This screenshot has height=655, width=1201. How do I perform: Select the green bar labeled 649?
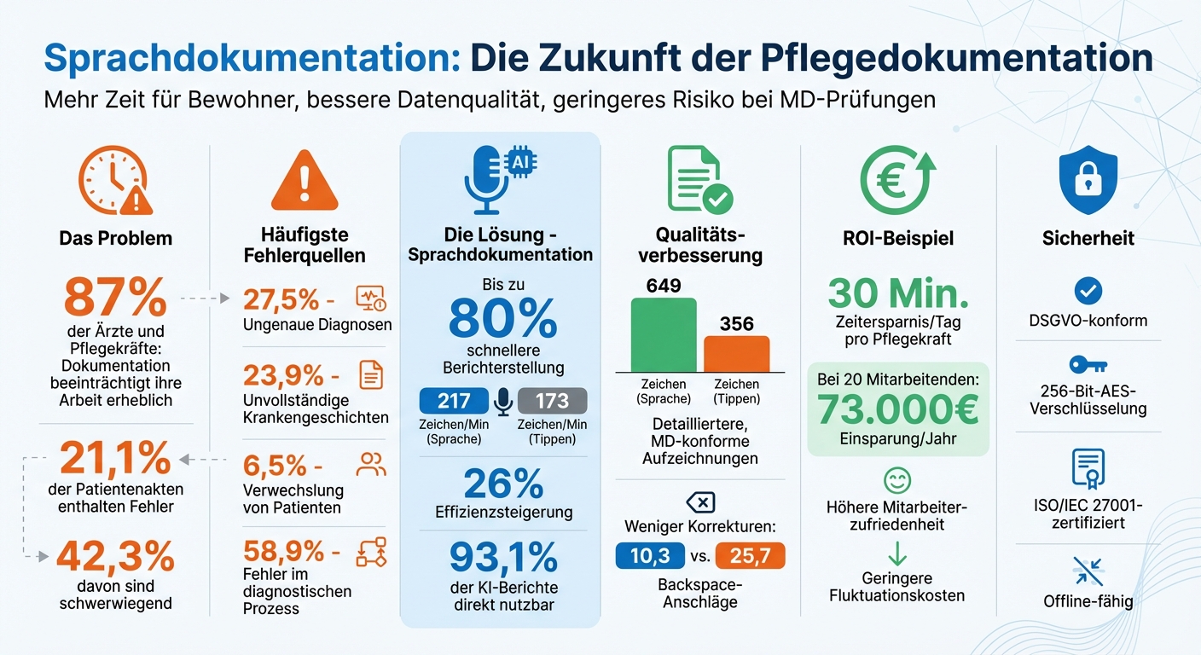click(663, 335)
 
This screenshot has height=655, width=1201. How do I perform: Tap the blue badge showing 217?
click(454, 401)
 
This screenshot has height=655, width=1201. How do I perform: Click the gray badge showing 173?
click(552, 401)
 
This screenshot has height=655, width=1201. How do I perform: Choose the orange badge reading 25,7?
click(751, 556)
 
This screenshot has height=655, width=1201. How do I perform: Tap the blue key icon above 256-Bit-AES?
click(1088, 365)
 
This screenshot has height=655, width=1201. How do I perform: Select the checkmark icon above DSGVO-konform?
click(1088, 291)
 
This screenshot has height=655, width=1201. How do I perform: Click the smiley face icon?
click(896, 481)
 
